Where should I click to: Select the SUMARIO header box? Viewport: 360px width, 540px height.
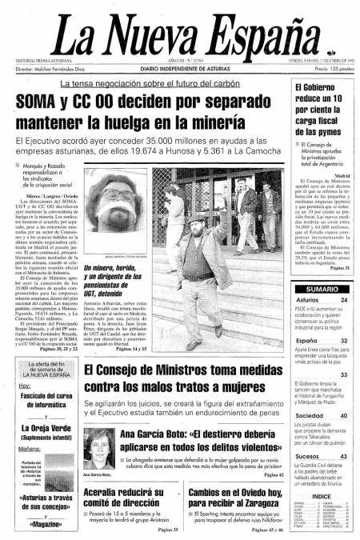pos(321,288)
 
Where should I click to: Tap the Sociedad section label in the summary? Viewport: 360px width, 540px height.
pos(310,417)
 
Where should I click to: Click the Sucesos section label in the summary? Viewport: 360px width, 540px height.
pos(309,456)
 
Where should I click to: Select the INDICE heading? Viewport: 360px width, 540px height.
pos(321,496)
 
